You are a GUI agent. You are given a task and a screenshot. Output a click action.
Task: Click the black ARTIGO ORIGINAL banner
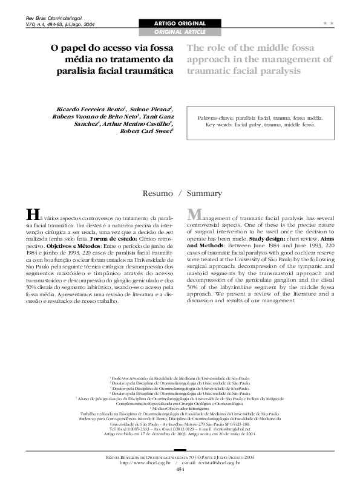pos(180,23)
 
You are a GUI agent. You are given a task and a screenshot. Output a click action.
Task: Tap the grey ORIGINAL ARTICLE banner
pos(180,31)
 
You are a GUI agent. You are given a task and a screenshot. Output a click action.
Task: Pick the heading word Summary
pos(205,194)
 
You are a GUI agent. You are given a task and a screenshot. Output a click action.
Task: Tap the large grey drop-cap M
pos(195,215)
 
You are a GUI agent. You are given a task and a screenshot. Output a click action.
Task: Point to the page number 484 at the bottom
pos(180,469)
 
